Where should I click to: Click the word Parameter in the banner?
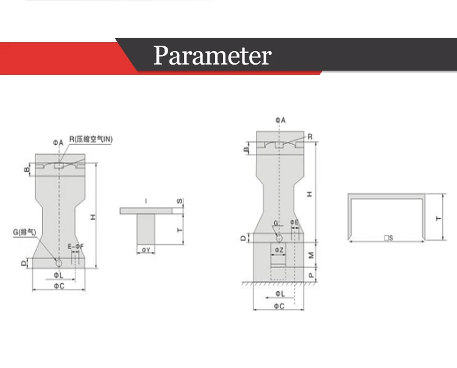[211, 55]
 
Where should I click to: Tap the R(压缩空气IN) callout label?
[91, 140]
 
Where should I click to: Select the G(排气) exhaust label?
[23, 232]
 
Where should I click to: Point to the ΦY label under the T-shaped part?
[146, 250]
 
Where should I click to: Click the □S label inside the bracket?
[386, 237]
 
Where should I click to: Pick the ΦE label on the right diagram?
[294, 222]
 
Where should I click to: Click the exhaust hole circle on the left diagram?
[58, 263]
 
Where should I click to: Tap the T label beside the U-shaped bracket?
[438, 217]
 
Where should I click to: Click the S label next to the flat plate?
[179, 201]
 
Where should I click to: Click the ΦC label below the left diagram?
[58, 286]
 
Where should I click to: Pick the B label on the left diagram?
[27, 169]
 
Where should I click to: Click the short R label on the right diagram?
[310, 137]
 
